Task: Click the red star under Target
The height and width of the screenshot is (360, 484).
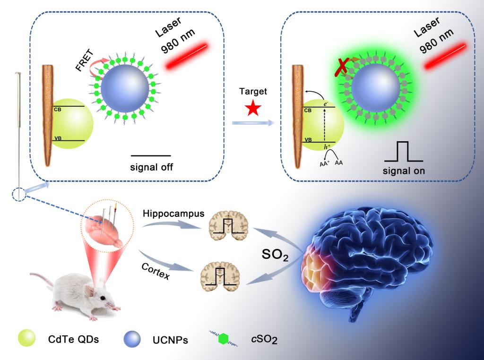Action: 253,108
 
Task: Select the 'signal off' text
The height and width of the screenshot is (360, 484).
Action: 151,167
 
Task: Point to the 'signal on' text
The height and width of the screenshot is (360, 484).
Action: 404,171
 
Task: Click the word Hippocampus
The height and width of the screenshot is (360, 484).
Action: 173,214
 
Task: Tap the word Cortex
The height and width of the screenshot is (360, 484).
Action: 156,271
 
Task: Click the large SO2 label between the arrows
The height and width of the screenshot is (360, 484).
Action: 275,255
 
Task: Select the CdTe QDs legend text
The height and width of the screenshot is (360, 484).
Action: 73,339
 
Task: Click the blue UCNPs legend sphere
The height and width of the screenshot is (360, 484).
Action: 132,339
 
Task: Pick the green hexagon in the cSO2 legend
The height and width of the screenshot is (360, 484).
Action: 223,339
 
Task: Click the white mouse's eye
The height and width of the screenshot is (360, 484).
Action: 103,298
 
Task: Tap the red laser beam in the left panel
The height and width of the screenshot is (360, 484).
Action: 187,56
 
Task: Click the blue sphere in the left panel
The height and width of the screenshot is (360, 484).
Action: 125,88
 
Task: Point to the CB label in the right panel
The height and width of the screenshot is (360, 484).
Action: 308,110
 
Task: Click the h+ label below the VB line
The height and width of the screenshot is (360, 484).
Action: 327,147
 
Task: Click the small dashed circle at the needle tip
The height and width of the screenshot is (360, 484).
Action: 18,194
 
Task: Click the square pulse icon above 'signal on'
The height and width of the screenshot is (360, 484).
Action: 404,152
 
